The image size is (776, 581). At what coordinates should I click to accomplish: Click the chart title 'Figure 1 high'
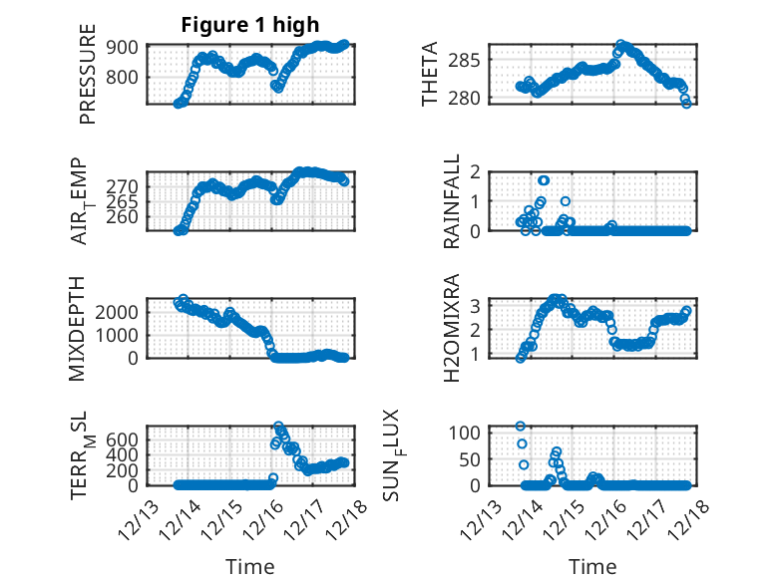pyautogui.click(x=249, y=26)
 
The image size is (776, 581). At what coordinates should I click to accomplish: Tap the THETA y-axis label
pyautogui.click(x=430, y=74)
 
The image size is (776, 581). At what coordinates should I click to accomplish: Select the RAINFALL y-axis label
pyautogui.click(x=452, y=201)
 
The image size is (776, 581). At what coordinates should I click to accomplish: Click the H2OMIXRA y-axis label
pyautogui.click(x=452, y=328)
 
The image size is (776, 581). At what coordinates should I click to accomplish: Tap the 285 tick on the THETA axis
pyautogui.click(x=471, y=60)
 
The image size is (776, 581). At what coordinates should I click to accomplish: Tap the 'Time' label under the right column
pyautogui.click(x=592, y=567)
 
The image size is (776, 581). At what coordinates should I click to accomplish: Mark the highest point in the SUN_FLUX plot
pyautogui.click(x=521, y=427)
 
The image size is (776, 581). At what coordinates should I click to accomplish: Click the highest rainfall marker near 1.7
pyautogui.click(x=544, y=180)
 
